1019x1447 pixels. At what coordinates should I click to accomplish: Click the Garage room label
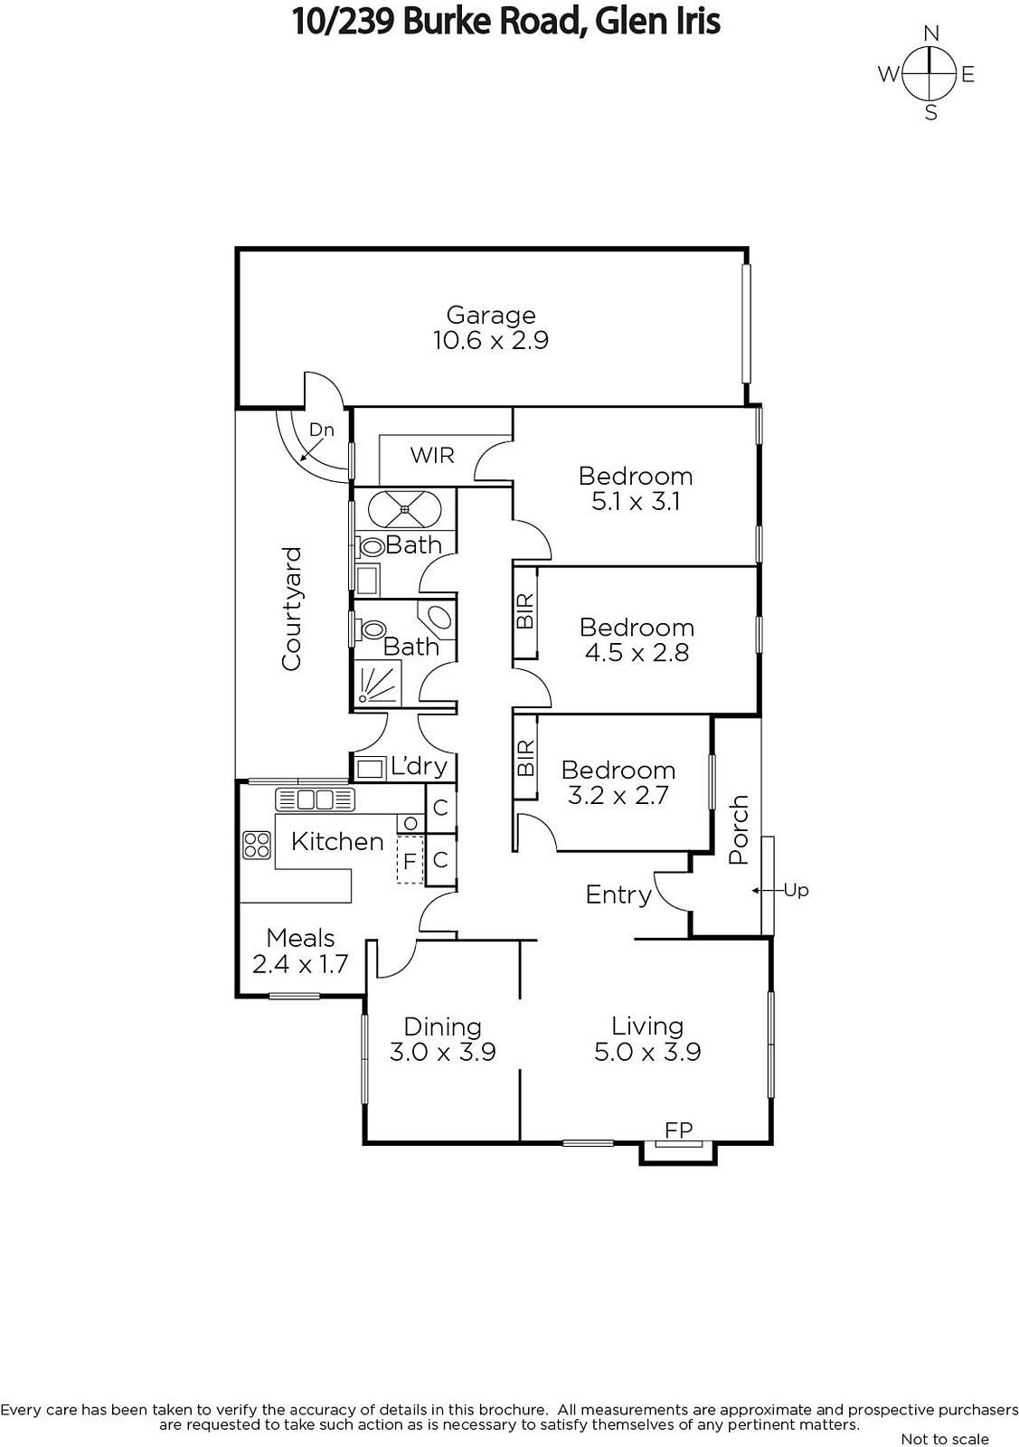(491, 316)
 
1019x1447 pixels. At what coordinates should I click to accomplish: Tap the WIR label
(432, 456)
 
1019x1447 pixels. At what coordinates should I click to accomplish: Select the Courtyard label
(292, 609)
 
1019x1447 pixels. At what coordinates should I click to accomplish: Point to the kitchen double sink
(316, 799)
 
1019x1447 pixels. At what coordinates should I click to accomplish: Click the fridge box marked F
(410, 860)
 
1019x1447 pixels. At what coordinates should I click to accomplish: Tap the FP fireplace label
(679, 1130)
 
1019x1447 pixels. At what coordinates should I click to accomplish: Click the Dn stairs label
(322, 430)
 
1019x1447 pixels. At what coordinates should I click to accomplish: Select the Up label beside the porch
(797, 890)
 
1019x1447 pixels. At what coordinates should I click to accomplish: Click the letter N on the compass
(931, 33)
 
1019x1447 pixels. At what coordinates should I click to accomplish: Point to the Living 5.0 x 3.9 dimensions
(647, 1052)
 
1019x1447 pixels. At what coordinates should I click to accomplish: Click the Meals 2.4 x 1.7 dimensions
(300, 964)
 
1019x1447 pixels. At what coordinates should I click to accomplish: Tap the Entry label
(618, 895)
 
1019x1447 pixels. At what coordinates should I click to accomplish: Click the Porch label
(738, 829)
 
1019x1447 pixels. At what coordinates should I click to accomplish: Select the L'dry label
(420, 766)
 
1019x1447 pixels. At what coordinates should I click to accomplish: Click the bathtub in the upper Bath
(405, 510)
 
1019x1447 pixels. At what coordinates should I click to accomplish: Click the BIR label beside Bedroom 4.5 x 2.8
(525, 611)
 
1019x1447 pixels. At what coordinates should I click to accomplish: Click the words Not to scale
(945, 1439)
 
